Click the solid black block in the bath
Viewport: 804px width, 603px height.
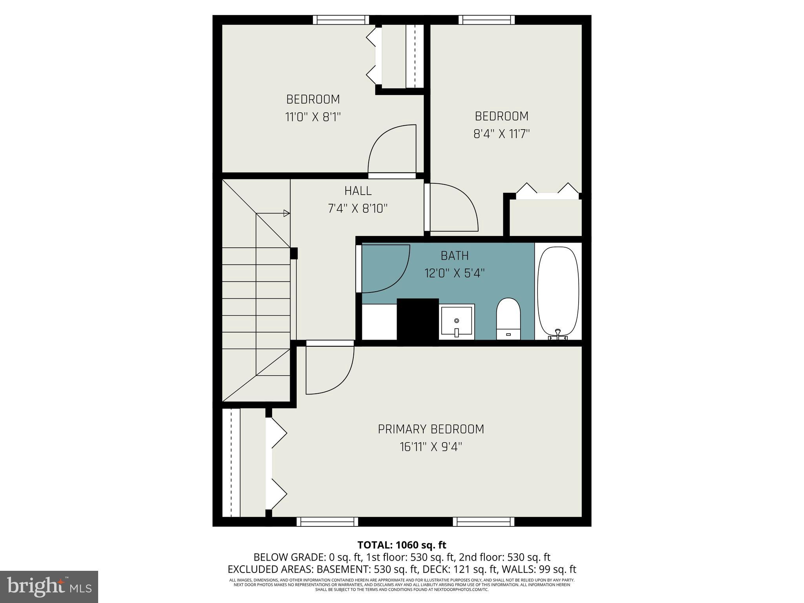tap(418, 321)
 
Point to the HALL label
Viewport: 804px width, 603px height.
tap(358, 191)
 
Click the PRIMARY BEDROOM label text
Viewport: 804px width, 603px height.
tap(431, 429)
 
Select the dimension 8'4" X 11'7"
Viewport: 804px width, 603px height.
tap(501, 134)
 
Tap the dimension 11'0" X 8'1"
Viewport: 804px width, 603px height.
tap(312, 117)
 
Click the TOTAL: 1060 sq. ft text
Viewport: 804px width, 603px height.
tap(402, 545)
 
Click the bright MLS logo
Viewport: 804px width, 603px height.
tap(49, 587)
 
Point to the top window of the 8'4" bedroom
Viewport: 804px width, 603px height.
tap(486, 20)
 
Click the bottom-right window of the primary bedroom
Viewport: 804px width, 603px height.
tap(483, 521)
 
